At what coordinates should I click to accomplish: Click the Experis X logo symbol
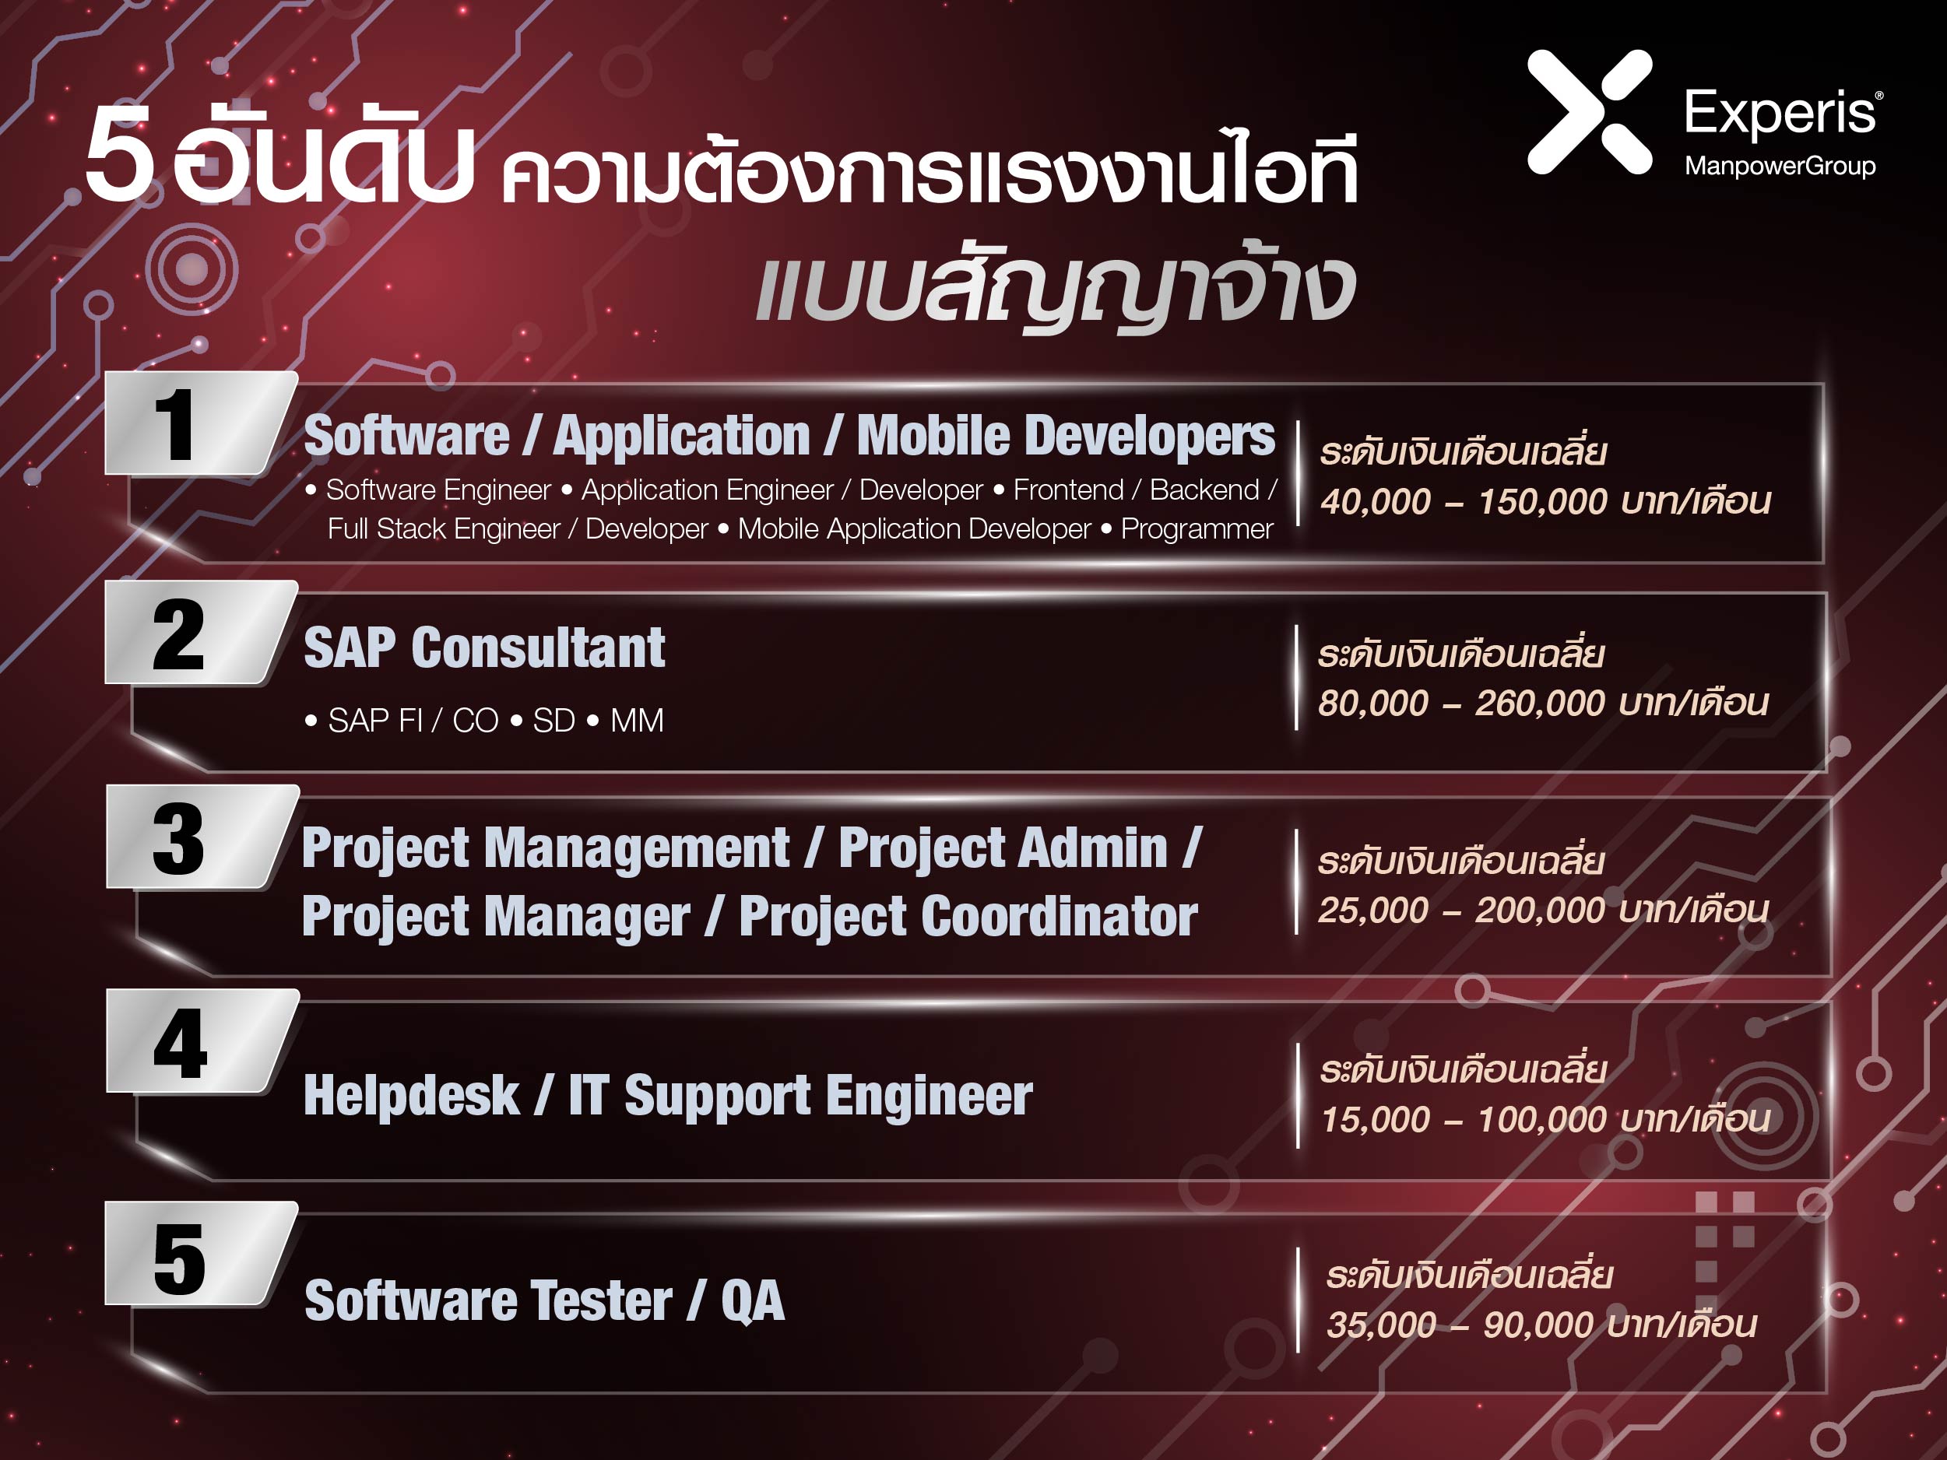click(x=1590, y=112)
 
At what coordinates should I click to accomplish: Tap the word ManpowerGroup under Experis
click(x=1780, y=166)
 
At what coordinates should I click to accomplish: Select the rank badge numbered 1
click(x=201, y=423)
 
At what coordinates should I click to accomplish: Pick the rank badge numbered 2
click(x=201, y=632)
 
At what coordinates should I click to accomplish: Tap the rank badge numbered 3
click(x=202, y=837)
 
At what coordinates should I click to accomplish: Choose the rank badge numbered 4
click(x=202, y=1042)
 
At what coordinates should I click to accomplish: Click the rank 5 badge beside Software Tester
click(x=201, y=1254)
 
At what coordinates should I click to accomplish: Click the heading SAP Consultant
click(x=484, y=648)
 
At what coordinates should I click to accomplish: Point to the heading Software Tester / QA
click(x=544, y=1300)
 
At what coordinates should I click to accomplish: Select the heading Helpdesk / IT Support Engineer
click(x=668, y=1097)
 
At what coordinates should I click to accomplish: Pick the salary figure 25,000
click(x=1372, y=910)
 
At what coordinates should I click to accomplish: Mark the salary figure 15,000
click(x=1376, y=1119)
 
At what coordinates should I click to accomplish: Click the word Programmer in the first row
click(x=1197, y=530)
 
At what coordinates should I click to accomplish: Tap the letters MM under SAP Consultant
click(x=638, y=721)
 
